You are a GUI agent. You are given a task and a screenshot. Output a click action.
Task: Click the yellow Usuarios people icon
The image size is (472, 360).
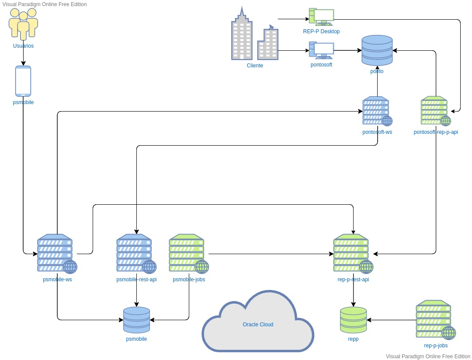pyautogui.click(x=23, y=24)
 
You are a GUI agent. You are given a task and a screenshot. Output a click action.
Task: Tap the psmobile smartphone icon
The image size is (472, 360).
pyautogui.click(x=23, y=81)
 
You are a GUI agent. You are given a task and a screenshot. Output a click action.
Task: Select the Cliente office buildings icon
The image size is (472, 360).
pyautogui.click(x=255, y=33)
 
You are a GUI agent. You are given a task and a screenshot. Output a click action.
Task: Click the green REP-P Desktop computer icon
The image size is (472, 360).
pyautogui.click(x=321, y=17)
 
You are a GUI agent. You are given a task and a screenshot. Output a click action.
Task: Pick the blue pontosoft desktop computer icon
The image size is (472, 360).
pyautogui.click(x=321, y=50)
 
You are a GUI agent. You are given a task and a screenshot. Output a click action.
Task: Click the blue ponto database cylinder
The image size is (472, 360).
pyautogui.click(x=377, y=50)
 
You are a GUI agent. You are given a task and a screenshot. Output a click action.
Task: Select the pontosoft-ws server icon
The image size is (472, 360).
pyautogui.click(x=377, y=111)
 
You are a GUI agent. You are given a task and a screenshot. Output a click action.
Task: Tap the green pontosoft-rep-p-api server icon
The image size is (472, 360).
pyautogui.click(x=436, y=111)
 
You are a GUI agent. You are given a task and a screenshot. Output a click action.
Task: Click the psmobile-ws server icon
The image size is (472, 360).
pyautogui.click(x=57, y=254)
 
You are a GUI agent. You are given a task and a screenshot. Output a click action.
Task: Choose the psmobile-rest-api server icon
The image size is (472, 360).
pyautogui.click(x=136, y=254)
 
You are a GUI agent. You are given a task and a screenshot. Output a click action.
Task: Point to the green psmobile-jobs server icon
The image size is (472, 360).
pyautogui.click(x=189, y=254)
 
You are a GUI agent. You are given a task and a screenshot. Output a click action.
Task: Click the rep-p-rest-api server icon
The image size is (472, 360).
pyautogui.click(x=353, y=254)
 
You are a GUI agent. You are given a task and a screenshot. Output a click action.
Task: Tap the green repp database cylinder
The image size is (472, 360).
pyautogui.click(x=353, y=320)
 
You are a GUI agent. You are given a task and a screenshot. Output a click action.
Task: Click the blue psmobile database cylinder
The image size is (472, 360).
pyautogui.click(x=136, y=320)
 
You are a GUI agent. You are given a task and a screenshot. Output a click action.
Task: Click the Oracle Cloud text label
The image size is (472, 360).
pyautogui.click(x=258, y=325)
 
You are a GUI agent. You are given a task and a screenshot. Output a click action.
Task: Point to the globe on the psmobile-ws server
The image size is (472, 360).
pyautogui.click(x=70, y=267)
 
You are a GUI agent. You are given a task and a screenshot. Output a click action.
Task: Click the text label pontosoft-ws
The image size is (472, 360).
pyautogui.click(x=377, y=132)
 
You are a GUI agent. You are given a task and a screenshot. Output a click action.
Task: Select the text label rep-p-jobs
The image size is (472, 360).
pyautogui.click(x=436, y=346)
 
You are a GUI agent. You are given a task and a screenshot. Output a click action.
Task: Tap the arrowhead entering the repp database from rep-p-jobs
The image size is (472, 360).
pyautogui.click(x=369, y=320)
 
